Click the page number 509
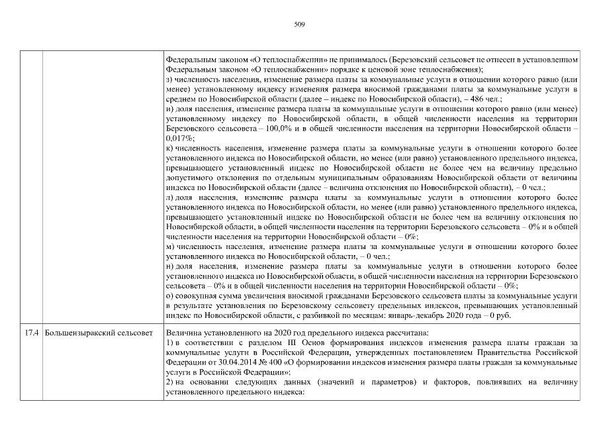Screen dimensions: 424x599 click(299, 25)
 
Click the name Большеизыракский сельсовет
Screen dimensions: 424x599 click(98, 331)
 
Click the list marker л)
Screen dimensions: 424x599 click(169, 197)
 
